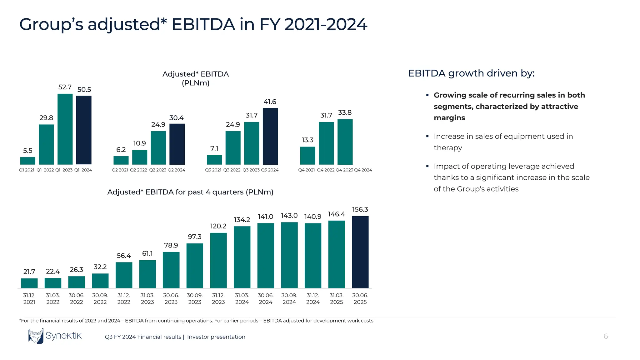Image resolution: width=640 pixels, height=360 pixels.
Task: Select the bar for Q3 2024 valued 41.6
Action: [x=270, y=137]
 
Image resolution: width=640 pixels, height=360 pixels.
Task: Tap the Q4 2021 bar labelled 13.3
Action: [x=307, y=156]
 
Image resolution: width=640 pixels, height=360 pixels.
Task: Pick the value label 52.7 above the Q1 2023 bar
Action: [x=65, y=87]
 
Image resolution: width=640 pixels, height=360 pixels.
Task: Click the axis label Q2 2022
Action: [x=138, y=170]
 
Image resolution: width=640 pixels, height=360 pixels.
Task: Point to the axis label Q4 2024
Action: [x=363, y=170]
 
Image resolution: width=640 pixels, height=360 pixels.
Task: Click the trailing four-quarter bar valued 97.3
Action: [x=195, y=266]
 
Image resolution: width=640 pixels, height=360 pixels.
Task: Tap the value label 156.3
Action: [x=360, y=209]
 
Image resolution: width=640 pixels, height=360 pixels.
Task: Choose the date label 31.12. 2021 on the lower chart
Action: [x=29, y=298]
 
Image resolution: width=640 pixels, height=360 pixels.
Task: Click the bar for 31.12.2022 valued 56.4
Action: [x=124, y=275]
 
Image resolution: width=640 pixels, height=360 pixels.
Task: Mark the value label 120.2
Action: [x=218, y=226]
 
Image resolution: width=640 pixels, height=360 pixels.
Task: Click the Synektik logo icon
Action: [x=36, y=336]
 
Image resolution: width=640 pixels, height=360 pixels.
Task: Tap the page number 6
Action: [x=606, y=336]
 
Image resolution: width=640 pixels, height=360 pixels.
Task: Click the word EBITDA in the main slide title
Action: [x=203, y=24]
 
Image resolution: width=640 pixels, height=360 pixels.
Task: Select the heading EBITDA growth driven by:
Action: [x=471, y=73]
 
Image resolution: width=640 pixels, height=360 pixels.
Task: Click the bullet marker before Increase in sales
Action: [x=427, y=136]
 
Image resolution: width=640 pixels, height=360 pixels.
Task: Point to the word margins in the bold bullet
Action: [x=449, y=118]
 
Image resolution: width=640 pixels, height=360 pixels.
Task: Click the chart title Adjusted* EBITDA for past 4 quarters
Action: [x=190, y=192]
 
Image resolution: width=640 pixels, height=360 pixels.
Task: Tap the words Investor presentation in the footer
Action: [x=216, y=337]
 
